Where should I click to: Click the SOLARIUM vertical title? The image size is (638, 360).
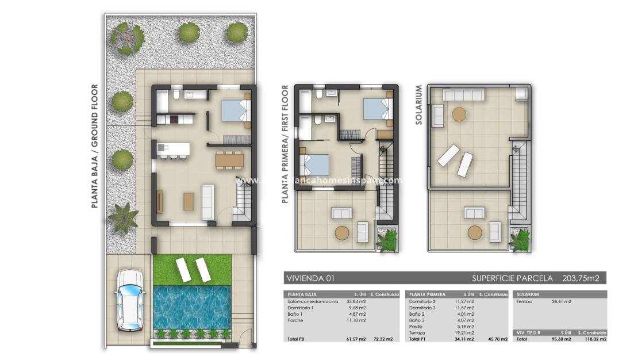click(x=418, y=105)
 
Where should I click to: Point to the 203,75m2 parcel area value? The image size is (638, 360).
click(x=581, y=278)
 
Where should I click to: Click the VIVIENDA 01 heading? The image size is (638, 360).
click(x=310, y=278)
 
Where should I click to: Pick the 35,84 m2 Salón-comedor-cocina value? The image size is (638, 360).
click(x=355, y=301)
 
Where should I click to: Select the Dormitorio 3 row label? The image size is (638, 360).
click(x=422, y=308)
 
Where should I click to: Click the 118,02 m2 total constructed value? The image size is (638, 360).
click(x=593, y=339)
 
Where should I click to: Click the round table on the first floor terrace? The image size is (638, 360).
click(x=342, y=232)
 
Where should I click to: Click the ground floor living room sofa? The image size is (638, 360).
click(x=207, y=198)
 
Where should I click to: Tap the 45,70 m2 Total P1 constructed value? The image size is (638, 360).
click(x=497, y=339)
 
